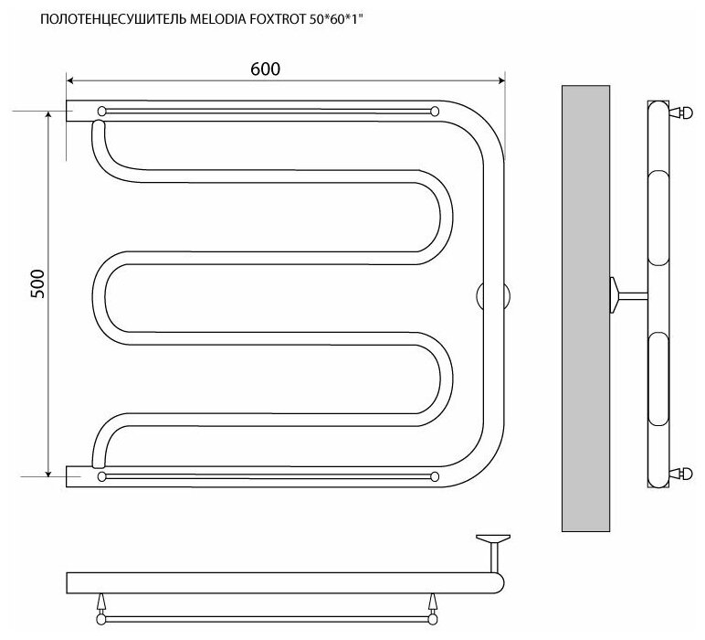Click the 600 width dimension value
[x=263, y=69]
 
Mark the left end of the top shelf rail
[x=101, y=111]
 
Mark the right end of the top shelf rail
[x=434, y=111]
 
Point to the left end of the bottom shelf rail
[x=101, y=476]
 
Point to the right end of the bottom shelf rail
[x=434, y=476]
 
